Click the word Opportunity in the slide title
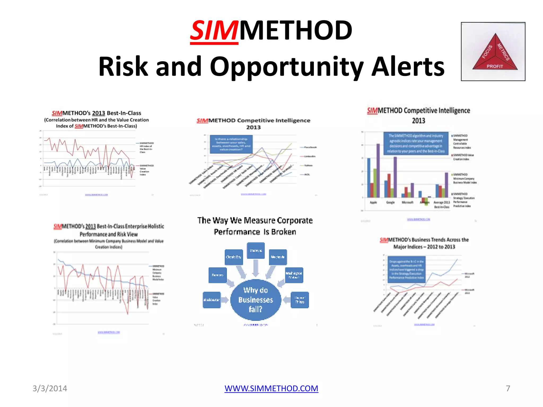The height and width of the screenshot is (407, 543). (x=286, y=67)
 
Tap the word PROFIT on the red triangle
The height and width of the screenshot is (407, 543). (x=494, y=66)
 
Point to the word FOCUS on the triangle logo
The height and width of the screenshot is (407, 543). (x=487, y=52)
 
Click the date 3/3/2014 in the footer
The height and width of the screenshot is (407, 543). (x=50, y=388)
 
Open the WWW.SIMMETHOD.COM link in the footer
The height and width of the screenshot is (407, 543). (x=271, y=388)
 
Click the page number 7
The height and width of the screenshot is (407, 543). (x=508, y=388)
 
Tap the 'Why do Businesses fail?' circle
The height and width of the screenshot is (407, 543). (x=256, y=300)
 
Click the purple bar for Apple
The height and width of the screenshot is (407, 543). (x=378, y=170)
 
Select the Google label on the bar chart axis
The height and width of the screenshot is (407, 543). (x=390, y=202)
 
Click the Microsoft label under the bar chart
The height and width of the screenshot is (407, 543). (x=408, y=202)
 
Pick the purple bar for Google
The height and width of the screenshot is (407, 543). (x=395, y=177)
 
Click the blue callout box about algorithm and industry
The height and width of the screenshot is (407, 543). (x=416, y=143)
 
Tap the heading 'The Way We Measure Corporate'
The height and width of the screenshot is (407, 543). (x=255, y=220)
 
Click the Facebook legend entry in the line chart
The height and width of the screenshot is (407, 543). (x=310, y=147)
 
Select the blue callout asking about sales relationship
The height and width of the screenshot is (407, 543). (x=231, y=144)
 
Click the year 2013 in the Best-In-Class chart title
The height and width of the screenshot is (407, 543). (x=99, y=113)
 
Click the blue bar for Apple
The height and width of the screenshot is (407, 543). (x=369, y=178)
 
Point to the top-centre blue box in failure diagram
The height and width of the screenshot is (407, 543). (x=256, y=250)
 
